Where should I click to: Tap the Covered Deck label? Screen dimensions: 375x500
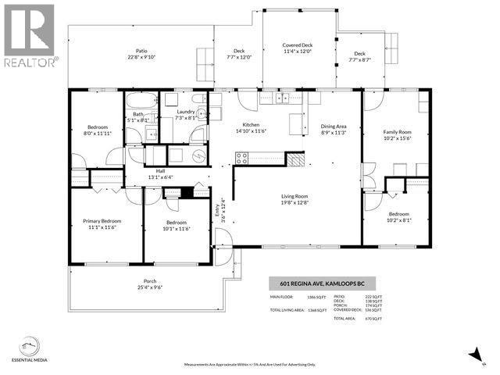pos(297,48)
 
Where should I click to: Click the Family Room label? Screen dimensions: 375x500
pos(396,135)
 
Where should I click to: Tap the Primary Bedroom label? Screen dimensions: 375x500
pos(102,225)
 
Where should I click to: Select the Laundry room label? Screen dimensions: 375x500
pos(185,115)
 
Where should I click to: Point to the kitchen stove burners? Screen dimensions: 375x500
pos(242,158)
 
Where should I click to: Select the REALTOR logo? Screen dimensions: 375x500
pos(29,35)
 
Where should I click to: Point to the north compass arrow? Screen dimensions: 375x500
pos(473,355)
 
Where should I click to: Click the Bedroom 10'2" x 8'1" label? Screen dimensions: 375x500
pos(399,216)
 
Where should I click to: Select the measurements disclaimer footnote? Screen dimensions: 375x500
pos(250,365)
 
